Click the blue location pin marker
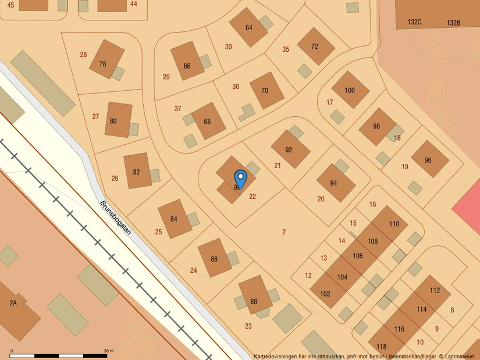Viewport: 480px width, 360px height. coord(240,177)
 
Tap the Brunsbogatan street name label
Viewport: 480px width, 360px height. coord(115,218)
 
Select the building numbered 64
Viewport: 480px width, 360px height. coord(248,28)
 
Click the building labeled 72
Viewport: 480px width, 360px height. coord(315,47)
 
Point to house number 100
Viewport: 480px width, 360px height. coord(350,90)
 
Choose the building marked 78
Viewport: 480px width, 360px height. coord(103,64)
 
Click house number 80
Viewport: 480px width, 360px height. coord(113,121)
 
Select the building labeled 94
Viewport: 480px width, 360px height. coord(333,183)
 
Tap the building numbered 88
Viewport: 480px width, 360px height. coord(254,301)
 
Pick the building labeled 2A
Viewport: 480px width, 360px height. coord(13,303)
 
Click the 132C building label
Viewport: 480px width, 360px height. coord(414,22)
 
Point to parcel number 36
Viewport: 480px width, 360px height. coord(236,87)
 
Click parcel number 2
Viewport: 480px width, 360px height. coord(284,232)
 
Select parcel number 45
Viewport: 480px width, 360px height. coord(10,4)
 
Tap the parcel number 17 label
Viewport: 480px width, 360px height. coord(330,102)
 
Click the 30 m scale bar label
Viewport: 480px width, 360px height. coord(108,351)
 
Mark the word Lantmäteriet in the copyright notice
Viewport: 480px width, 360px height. coord(460,356)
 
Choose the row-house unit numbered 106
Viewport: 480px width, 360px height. coord(357,256)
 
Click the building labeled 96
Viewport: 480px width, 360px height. coord(428,160)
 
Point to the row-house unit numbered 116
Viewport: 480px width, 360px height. coord(399,329)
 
